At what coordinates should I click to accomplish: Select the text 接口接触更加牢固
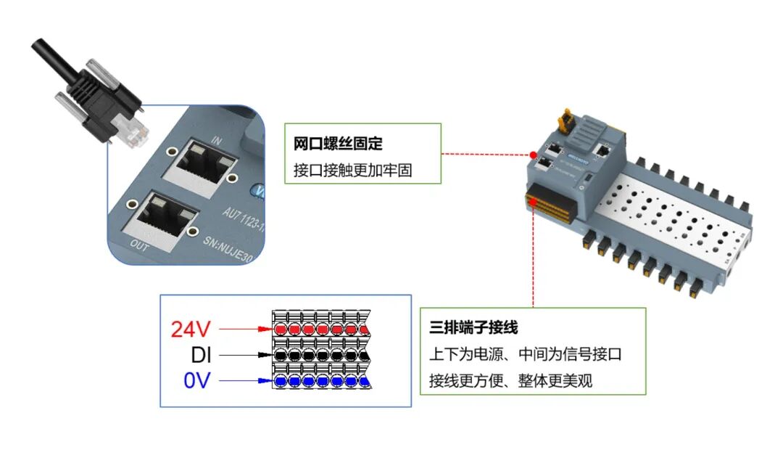352,171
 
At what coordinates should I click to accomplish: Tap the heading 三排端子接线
473,328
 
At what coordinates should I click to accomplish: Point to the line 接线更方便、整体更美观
510,380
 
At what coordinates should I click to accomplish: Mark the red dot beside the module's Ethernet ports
533,155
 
